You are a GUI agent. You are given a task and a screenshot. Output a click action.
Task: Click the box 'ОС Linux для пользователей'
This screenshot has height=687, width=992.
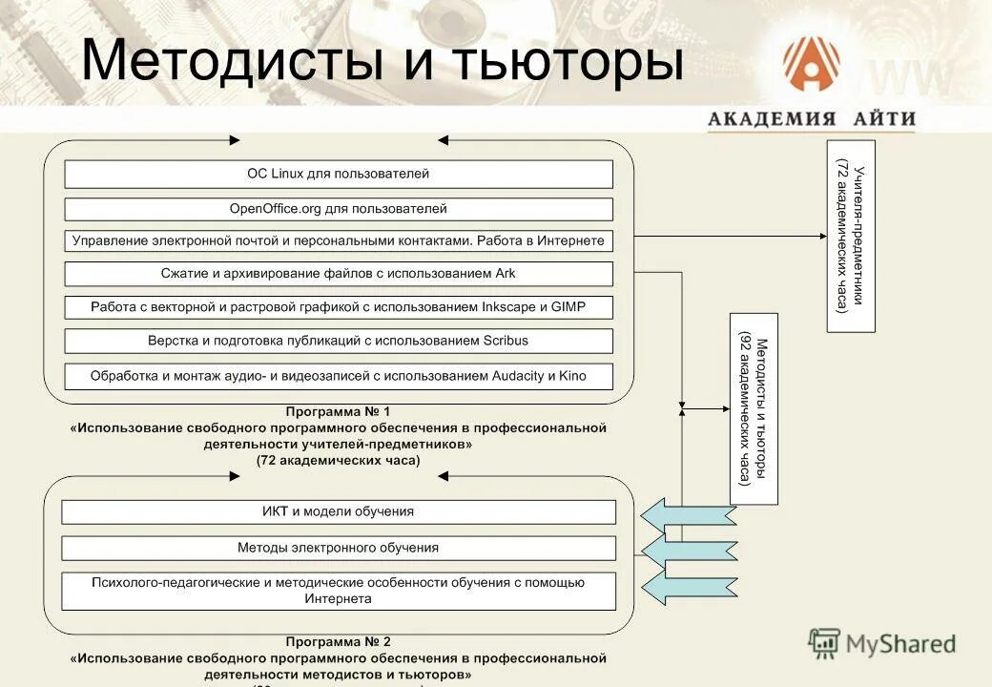[x=339, y=174]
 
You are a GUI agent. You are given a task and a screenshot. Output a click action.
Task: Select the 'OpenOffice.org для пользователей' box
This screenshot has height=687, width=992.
[x=339, y=208]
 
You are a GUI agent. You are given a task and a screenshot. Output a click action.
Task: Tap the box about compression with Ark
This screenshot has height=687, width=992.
[x=339, y=274]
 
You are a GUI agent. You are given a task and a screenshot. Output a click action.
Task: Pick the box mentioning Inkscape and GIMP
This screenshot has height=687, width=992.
[x=339, y=307]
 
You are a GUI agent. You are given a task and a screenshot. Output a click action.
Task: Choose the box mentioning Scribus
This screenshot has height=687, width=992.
[x=339, y=341]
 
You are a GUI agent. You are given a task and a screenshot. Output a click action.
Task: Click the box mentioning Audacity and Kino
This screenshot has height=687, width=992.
[x=339, y=376]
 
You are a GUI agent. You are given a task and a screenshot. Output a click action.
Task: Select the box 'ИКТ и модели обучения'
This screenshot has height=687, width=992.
[x=339, y=511]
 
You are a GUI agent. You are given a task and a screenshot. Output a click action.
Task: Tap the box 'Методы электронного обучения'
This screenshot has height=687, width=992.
[x=339, y=548]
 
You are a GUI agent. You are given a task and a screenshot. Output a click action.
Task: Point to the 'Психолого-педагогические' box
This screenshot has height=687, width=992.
[x=339, y=591]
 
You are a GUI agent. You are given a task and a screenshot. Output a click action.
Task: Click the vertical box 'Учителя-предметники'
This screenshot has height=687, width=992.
[x=851, y=236]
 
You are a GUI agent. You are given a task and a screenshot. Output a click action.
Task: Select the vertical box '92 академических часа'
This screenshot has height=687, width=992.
[x=754, y=408]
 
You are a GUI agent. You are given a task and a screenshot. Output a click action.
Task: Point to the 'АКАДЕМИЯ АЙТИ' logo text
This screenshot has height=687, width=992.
[x=811, y=119]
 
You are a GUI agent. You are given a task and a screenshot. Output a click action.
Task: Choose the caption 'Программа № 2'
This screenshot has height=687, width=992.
[x=339, y=641]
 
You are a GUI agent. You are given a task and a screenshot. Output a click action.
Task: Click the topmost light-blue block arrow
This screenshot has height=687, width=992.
[x=687, y=515]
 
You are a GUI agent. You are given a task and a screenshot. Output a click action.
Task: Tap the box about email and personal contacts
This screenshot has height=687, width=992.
[x=339, y=240]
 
